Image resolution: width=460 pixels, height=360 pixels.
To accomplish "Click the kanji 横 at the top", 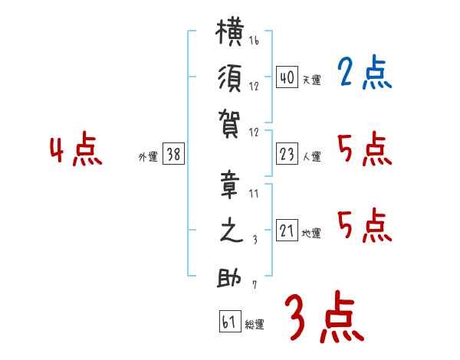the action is pyautogui.click(x=230, y=31).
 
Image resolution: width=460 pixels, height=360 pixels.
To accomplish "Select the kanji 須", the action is pyautogui.click(x=230, y=79).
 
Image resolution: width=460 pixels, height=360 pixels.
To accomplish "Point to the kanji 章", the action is pyautogui.click(x=230, y=185).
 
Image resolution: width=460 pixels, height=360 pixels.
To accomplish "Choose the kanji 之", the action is pyautogui.click(x=232, y=231).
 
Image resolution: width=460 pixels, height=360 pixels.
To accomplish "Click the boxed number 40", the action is pyautogui.click(x=287, y=77).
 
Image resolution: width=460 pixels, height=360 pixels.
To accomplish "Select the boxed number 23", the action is pyautogui.click(x=287, y=154).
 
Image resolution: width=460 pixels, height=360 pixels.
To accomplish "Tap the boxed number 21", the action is pyautogui.click(x=287, y=230).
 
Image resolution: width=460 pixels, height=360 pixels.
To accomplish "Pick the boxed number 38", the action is pyautogui.click(x=173, y=154).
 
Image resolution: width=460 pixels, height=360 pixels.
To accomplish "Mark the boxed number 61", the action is pyautogui.click(x=230, y=321).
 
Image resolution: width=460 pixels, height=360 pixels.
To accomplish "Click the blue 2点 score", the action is pyautogui.click(x=364, y=73).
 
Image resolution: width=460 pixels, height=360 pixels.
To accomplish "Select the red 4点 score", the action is pyautogui.click(x=76, y=149).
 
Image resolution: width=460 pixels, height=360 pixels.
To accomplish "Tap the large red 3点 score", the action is pyautogui.click(x=324, y=317).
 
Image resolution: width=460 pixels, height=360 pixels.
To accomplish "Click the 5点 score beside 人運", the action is pyautogui.click(x=365, y=149).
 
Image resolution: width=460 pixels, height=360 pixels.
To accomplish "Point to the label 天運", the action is pyautogui.click(x=312, y=80).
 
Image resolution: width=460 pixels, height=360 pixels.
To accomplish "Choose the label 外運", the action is pyautogui.click(x=148, y=156).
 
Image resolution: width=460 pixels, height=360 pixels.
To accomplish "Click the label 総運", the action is pyautogui.click(x=255, y=324).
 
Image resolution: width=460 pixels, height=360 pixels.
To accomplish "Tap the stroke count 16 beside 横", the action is pyautogui.click(x=254, y=41).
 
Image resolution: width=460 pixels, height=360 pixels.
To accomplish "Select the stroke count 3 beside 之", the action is pyautogui.click(x=255, y=240).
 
